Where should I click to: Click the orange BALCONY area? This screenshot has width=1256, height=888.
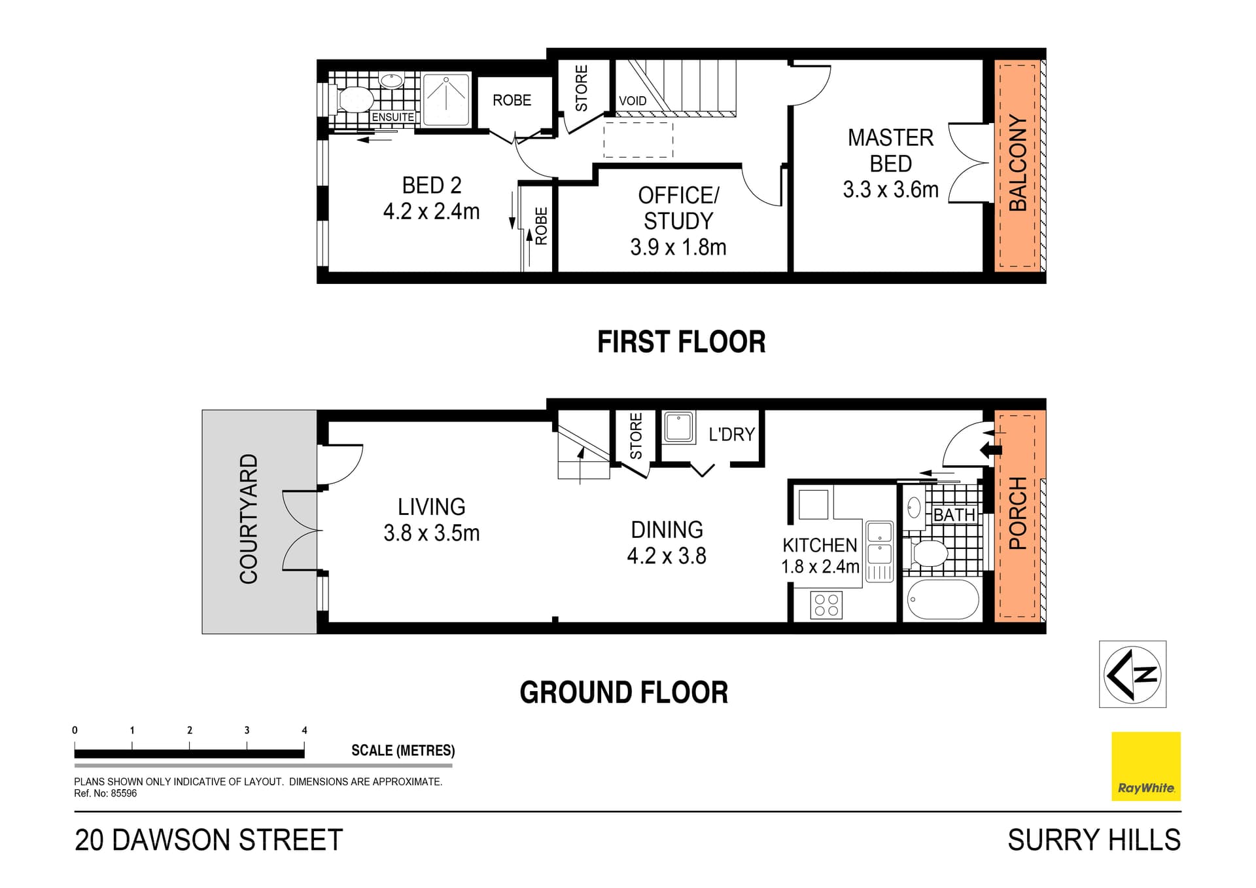point(1017,165)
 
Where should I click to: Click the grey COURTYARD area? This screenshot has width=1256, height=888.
point(259,522)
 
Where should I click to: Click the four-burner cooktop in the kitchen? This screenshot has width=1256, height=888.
point(826,605)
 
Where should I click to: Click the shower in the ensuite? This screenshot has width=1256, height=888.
point(447,99)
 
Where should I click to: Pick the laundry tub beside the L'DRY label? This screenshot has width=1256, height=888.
point(679,427)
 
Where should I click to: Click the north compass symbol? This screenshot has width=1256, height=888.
point(1132,674)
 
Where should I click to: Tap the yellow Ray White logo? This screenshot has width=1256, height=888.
point(1146,766)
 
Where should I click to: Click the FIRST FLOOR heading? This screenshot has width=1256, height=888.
point(682,342)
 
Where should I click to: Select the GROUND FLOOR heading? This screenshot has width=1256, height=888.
point(624,692)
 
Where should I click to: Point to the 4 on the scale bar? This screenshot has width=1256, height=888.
point(304,730)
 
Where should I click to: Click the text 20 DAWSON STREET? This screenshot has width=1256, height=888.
point(209,840)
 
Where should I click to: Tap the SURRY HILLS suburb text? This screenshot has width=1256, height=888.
point(1094,840)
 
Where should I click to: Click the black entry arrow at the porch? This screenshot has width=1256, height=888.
point(991,450)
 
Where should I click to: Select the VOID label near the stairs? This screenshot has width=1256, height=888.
point(633,101)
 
